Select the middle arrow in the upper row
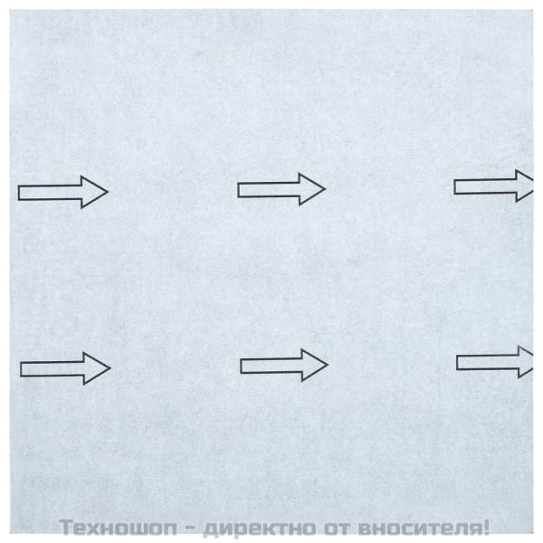[281, 189]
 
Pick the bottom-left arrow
[64, 367]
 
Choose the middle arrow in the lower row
[283, 365]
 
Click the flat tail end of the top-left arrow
[21, 192]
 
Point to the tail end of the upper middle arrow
[240, 189]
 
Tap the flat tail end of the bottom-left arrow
[22, 367]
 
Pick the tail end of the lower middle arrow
[243, 365]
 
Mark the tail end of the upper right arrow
[456, 186]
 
